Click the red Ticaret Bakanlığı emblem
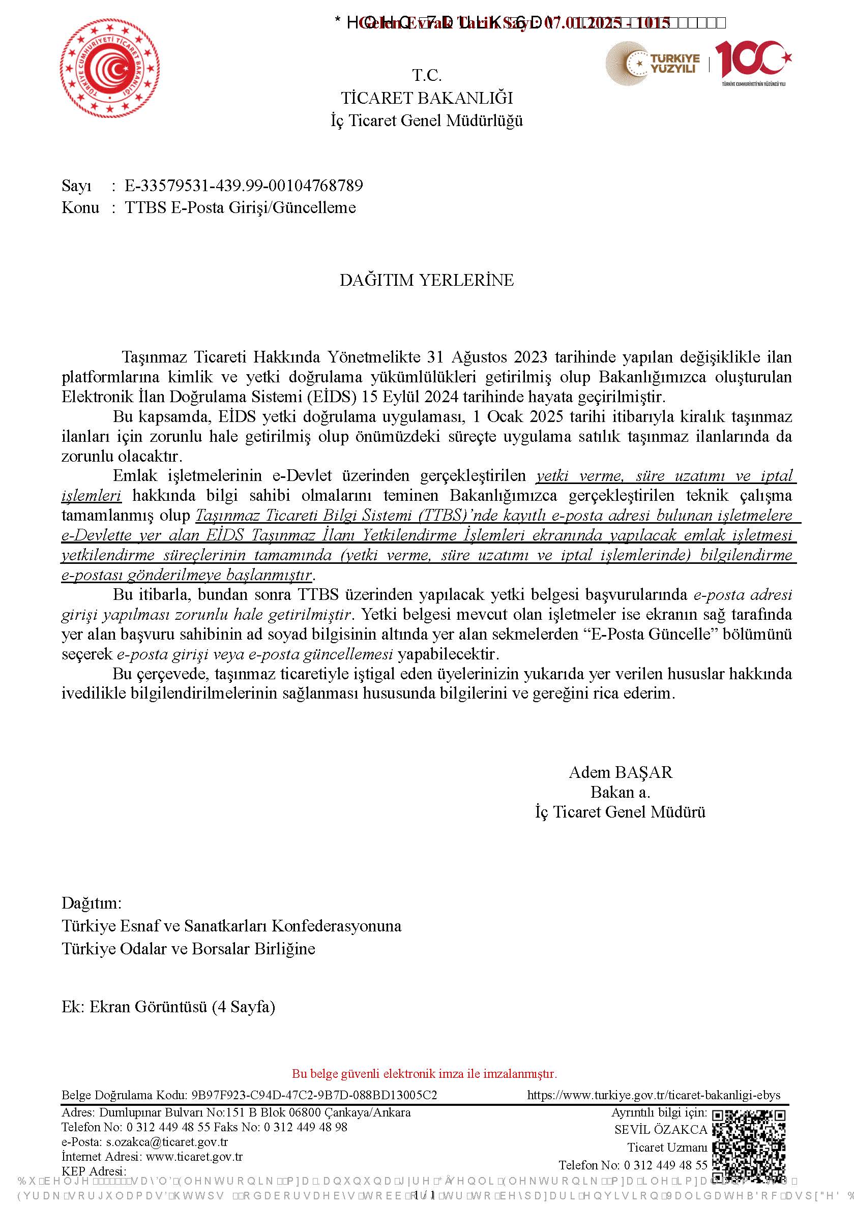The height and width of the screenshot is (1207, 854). [x=110, y=69]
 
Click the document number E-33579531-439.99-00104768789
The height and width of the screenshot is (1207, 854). [x=244, y=186]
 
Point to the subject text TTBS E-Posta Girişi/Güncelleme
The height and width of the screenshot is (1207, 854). [x=240, y=207]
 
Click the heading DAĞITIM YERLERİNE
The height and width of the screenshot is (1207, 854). [x=426, y=280]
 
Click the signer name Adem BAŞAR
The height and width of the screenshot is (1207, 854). [x=621, y=772]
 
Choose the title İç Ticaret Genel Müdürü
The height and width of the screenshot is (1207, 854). [x=620, y=812]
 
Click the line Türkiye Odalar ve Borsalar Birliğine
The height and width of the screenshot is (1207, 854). [x=188, y=949]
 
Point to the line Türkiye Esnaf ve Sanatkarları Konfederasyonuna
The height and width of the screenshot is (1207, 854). [x=231, y=926]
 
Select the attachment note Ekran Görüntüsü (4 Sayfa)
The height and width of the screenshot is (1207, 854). [x=183, y=1007]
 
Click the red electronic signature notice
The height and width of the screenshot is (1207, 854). [x=424, y=1073]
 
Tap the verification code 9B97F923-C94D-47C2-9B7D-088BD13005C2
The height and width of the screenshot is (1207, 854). [x=314, y=1095]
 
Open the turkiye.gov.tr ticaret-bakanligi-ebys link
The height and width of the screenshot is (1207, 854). [x=654, y=1095]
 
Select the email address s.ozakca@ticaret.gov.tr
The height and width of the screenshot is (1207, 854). [x=167, y=1142]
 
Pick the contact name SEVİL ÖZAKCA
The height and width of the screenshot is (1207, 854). [x=661, y=1129]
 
